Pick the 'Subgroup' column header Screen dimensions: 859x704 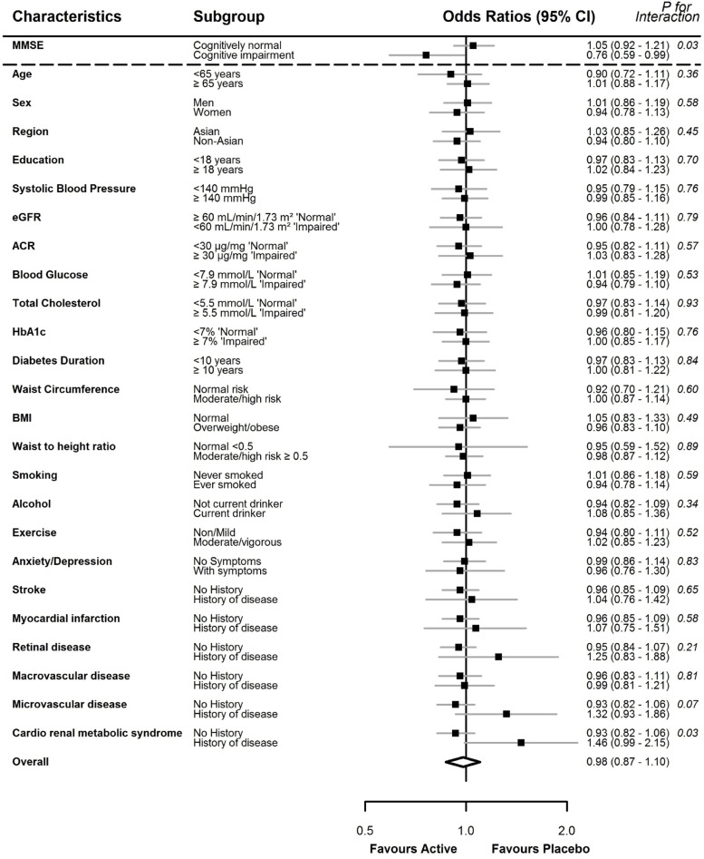pos(227,17)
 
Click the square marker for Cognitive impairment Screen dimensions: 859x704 pos(425,54)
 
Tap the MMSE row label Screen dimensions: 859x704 pos(27,44)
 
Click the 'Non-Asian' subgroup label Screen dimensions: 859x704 pos(219,141)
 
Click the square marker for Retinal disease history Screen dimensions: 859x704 pos(498,656)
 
